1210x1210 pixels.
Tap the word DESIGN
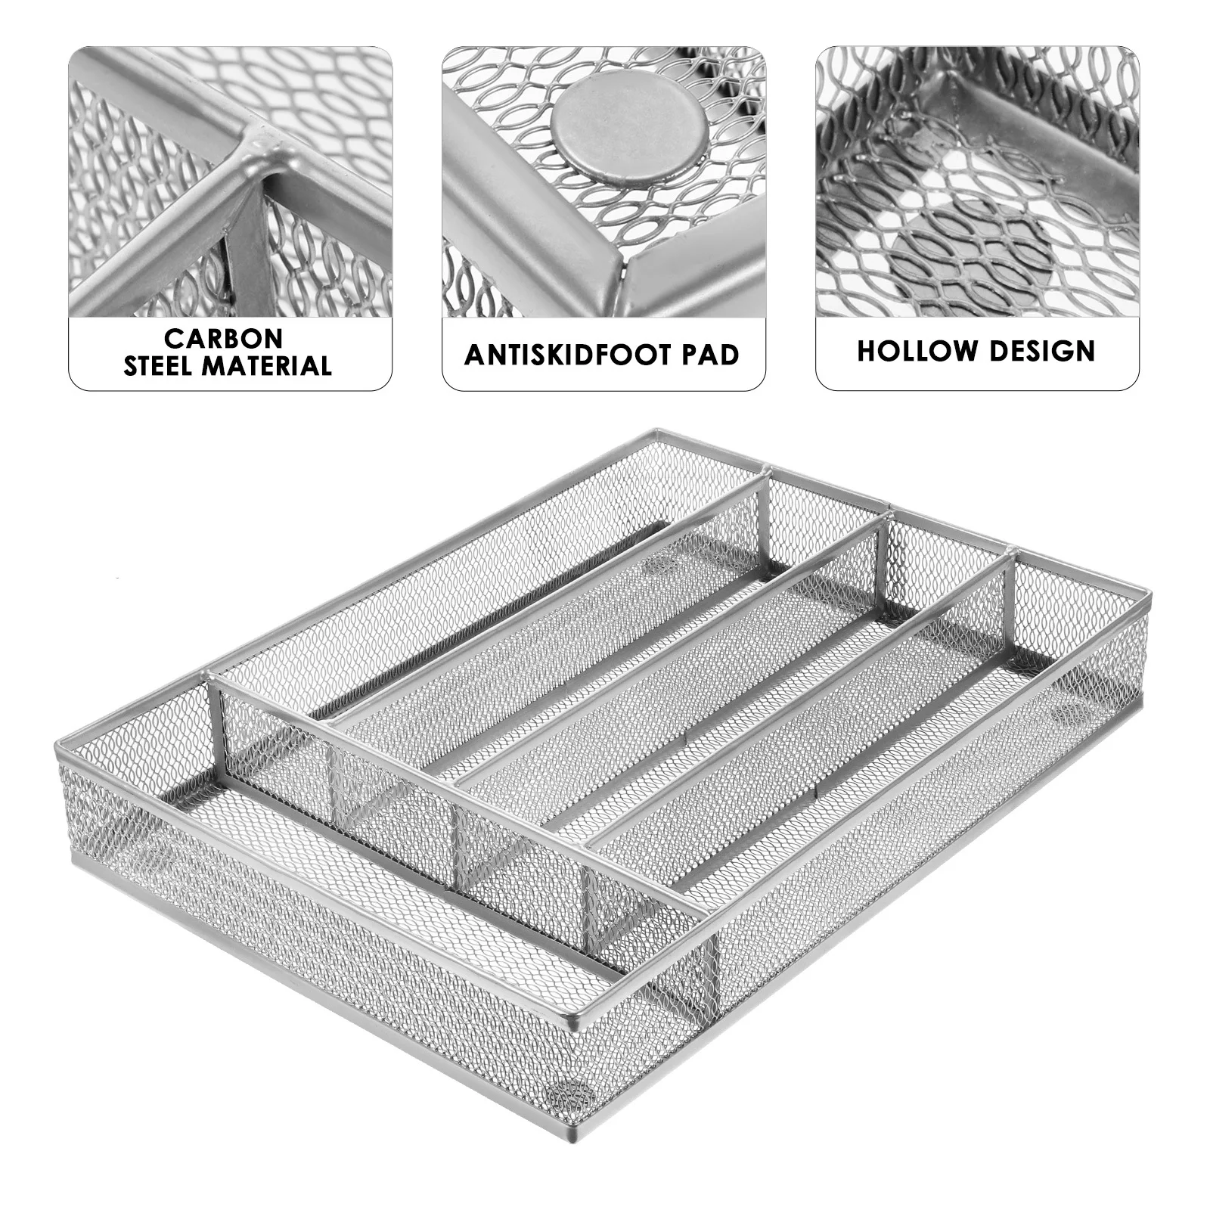1044,351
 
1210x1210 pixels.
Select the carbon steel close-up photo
230,181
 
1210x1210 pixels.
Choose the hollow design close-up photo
976,181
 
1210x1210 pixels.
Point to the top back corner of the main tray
656,432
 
